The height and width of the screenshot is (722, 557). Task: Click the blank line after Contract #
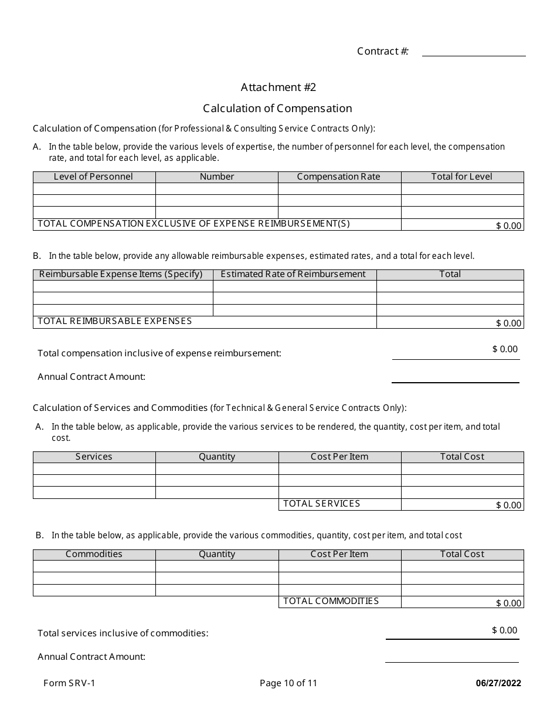coord(474,52)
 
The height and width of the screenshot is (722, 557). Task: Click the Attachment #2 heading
coord(278,87)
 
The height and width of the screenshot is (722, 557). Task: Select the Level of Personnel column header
coord(94,177)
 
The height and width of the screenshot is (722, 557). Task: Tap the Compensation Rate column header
coord(339,177)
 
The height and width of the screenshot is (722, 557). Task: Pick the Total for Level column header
coord(462,177)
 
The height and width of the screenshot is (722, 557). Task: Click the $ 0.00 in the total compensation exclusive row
coord(508,225)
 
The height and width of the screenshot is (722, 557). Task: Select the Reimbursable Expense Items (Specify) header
coord(121,274)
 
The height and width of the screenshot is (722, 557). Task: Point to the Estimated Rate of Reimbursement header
coord(293,274)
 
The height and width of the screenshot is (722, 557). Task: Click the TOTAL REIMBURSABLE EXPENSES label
coord(115,321)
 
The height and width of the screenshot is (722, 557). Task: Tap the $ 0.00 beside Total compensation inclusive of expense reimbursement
coord(505,349)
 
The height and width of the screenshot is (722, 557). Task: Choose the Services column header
coord(94,457)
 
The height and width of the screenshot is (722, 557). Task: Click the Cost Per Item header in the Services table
coord(339,457)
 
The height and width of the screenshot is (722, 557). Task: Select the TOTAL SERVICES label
coord(322,504)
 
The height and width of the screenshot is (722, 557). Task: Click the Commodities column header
coord(94,554)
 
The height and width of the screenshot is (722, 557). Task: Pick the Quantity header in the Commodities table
coord(217,554)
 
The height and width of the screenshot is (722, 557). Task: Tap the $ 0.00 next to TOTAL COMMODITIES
coord(508,603)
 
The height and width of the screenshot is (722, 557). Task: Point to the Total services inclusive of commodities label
coord(123,633)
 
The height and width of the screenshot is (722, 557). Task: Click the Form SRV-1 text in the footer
coord(69,683)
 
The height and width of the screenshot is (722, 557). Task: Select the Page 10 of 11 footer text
coord(288,683)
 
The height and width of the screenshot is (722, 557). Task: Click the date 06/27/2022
coord(498,683)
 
